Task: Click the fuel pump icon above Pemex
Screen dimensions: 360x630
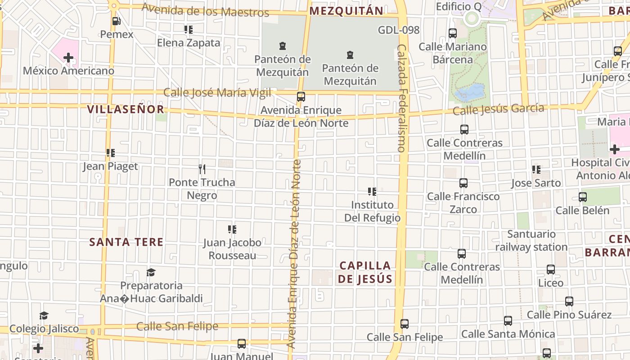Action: (x=116, y=21)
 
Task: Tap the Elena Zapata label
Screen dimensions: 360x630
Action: (x=189, y=43)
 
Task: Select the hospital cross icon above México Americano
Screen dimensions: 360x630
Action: (x=68, y=58)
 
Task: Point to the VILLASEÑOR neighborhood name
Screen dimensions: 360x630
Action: (x=126, y=109)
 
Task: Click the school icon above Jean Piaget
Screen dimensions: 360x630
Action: (x=111, y=153)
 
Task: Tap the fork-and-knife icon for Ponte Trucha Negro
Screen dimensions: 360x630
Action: (x=202, y=169)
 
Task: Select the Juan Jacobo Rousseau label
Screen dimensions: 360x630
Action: (x=232, y=249)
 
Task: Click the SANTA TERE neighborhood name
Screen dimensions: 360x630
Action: (x=126, y=242)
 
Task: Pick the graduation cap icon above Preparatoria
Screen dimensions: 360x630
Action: (x=151, y=273)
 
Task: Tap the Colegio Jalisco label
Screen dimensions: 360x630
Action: (x=44, y=329)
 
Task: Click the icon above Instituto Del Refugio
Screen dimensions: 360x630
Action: (x=372, y=192)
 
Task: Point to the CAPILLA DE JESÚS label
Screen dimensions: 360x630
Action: (x=365, y=272)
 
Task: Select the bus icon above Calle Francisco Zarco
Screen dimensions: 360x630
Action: (x=463, y=183)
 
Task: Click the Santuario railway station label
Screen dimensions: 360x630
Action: (x=531, y=240)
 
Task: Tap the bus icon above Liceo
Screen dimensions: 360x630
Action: (x=551, y=270)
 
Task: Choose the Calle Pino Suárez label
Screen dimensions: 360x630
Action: (x=569, y=315)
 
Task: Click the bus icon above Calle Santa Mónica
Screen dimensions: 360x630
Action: (x=508, y=321)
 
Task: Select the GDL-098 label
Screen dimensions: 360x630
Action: (x=399, y=30)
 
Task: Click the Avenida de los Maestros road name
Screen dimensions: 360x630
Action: (x=205, y=10)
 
